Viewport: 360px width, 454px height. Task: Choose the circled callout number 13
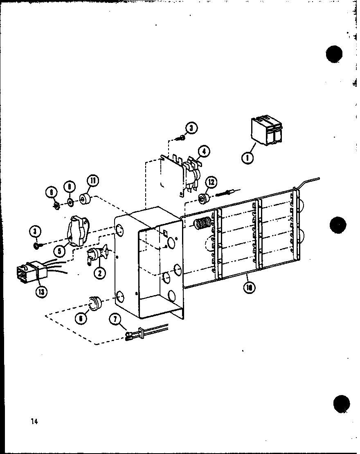41,291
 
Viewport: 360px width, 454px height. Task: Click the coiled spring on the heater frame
202,224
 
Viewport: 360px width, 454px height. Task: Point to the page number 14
34,409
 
